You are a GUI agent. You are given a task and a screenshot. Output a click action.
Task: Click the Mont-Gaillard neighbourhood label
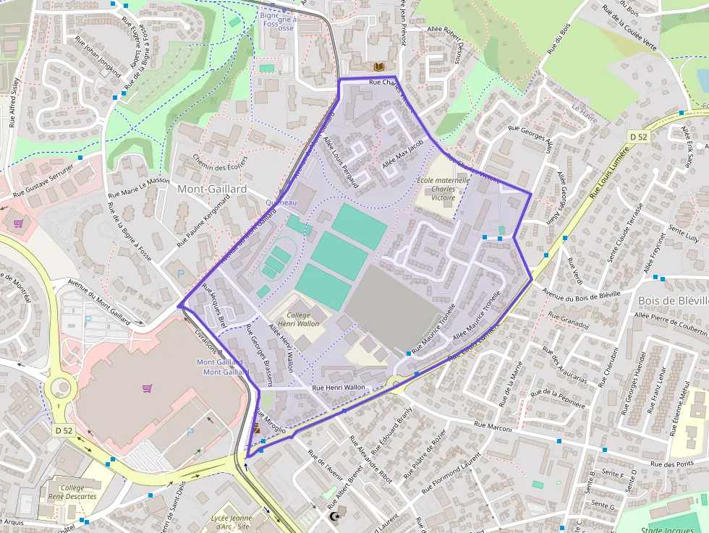pyautogui.click(x=211, y=189)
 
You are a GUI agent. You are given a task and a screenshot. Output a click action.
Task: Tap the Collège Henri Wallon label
pyautogui.click(x=302, y=320)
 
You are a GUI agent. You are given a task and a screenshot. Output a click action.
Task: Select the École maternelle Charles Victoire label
pyautogui.click(x=443, y=188)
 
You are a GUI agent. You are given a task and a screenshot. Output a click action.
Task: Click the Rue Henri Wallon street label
pyautogui.click(x=339, y=388)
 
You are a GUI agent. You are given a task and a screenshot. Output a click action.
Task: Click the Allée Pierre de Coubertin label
pyautogui.click(x=661, y=322)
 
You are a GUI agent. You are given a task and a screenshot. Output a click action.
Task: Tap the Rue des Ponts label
pyautogui.click(x=672, y=464)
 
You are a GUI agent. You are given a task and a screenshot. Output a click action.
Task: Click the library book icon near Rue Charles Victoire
pyautogui.click(x=379, y=67)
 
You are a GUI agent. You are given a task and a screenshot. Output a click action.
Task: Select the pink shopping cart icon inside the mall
pyautogui.click(x=148, y=388)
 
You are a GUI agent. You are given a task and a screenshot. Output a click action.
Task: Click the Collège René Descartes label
pyautogui.click(x=72, y=493)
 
